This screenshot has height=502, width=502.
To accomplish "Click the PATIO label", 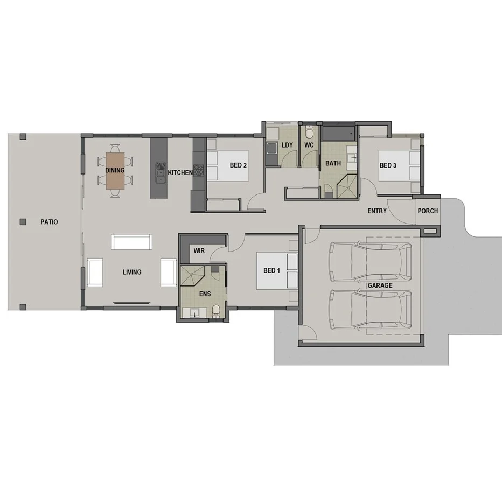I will pos(48,222).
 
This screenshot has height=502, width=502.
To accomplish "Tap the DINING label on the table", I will pos(115,170).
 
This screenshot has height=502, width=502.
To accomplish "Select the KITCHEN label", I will pos(180,173).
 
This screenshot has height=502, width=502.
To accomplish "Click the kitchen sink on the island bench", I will pos(161,172).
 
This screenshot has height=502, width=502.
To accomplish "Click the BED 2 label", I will pos(238,165).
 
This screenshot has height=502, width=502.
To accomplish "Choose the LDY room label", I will pos(287,145).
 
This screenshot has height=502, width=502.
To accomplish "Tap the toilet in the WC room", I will pos(309,133).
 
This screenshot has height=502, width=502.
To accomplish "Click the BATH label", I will pos(333,163).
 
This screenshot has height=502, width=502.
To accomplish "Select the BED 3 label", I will pos(388,165).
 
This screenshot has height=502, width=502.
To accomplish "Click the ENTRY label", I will pos(377,211).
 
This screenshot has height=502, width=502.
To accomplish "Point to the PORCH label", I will pos(428,211).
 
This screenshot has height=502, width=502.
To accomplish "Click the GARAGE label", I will pos(380,285).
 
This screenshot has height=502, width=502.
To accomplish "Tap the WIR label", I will pos(199,251).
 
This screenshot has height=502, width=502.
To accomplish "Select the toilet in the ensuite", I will pos(216,311).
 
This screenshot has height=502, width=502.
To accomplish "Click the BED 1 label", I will pos(271,270).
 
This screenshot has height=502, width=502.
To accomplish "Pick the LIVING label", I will pos(132,272).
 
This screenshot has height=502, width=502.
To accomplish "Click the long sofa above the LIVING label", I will pos(132,241).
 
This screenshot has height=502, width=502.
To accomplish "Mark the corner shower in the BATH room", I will pos(346,186).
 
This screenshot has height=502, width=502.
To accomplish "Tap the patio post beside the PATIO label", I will pos(23,221).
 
